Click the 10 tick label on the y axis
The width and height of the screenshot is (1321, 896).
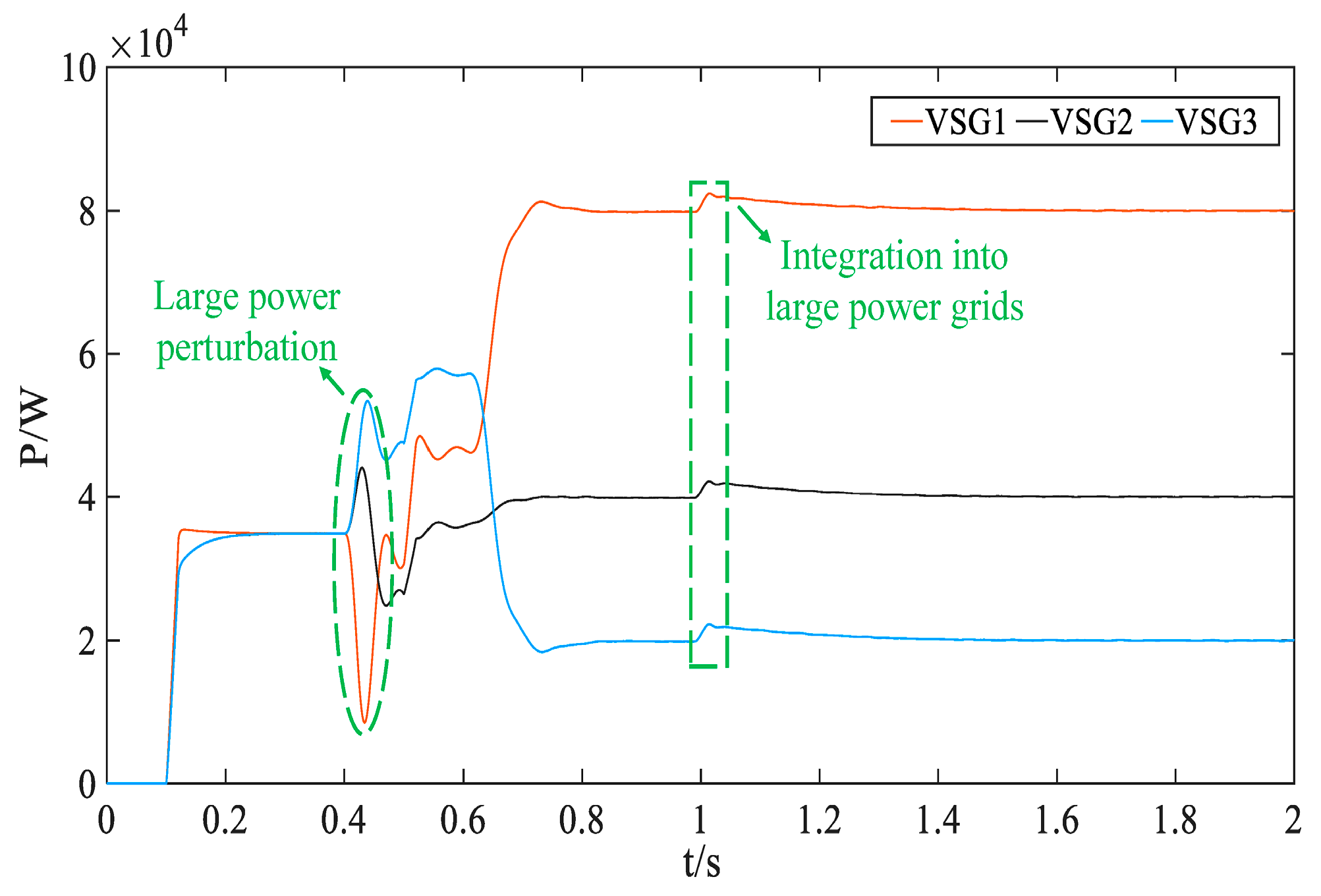click(x=78, y=69)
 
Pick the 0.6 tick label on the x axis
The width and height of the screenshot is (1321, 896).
click(x=463, y=821)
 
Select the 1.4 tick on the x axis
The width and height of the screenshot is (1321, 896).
click(x=938, y=821)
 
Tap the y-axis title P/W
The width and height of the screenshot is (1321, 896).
click(x=34, y=428)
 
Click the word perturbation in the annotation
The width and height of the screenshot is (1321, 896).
click(x=246, y=347)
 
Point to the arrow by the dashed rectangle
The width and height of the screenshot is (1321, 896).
click(x=754, y=224)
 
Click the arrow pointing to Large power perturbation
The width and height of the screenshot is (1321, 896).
click(x=332, y=381)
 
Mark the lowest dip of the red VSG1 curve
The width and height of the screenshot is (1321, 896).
click(x=364, y=722)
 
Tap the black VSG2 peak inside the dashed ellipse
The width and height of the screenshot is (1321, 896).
click(x=362, y=468)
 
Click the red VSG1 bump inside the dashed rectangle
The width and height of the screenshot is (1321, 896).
click(x=710, y=194)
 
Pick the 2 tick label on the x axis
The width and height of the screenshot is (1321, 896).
click(x=1293, y=821)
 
